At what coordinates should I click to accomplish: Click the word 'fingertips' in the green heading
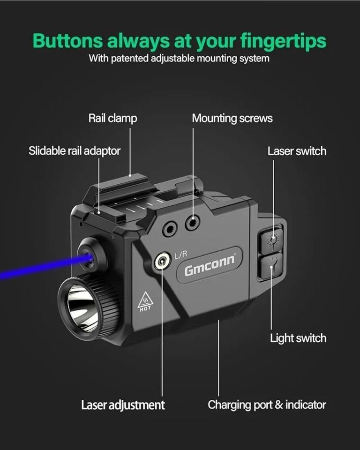tap(283, 41)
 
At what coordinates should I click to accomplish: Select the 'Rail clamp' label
tap(113, 118)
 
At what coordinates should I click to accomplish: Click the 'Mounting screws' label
tap(232, 118)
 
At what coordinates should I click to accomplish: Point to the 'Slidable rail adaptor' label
tap(75, 150)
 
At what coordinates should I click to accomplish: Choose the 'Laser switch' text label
tap(297, 151)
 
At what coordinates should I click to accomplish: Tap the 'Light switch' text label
tap(298, 338)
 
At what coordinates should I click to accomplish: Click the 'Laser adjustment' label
tap(123, 405)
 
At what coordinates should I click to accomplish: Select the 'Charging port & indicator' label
tap(267, 405)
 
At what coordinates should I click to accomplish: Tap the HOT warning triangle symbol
tap(146, 301)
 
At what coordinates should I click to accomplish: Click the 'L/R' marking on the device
tap(181, 255)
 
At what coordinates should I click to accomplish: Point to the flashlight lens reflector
tap(82, 308)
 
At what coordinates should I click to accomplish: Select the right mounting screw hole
tap(193, 223)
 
